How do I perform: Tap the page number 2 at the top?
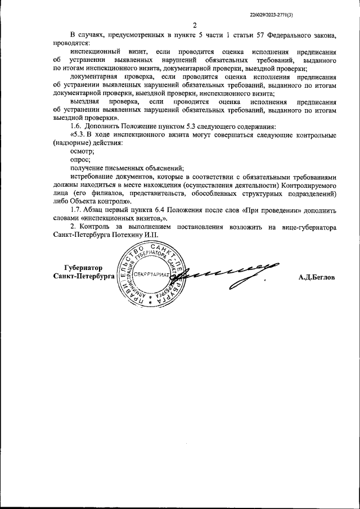click(194, 25)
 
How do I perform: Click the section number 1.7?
click(76, 210)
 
